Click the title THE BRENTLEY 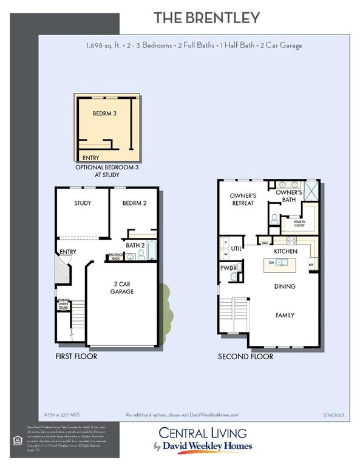pyautogui.click(x=207, y=18)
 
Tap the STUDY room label pyautogui.click(x=83, y=203)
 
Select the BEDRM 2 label pyautogui.click(x=135, y=203)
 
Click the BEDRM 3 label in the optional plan pyautogui.click(x=105, y=113)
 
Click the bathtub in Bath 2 pyautogui.click(x=151, y=250)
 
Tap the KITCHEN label pyautogui.click(x=285, y=251)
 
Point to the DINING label pyautogui.click(x=285, y=286)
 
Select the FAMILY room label pyautogui.click(x=285, y=315)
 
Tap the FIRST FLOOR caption pyautogui.click(x=76, y=356)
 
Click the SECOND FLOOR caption pyautogui.click(x=245, y=356)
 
